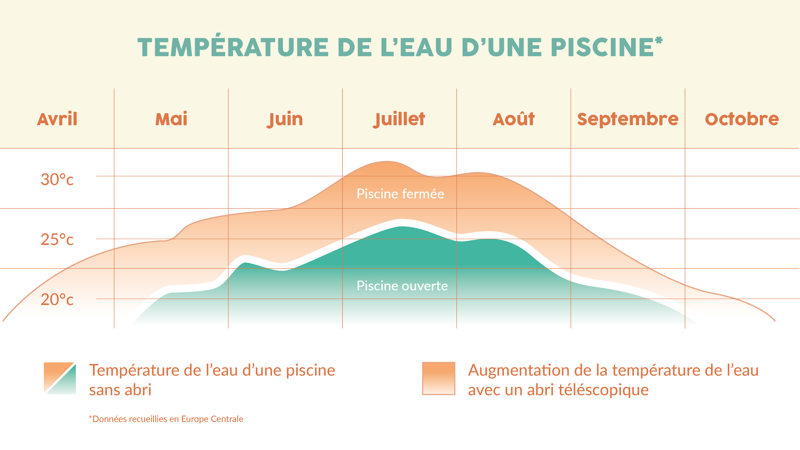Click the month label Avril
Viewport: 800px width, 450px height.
(x=57, y=119)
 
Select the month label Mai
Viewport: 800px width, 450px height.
(x=171, y=119)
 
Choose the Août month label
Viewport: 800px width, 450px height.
(x=514, y=119)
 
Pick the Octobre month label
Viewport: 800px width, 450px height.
(x=742, y=119)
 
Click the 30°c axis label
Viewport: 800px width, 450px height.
(x=57, y=180)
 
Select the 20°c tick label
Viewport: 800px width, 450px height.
(x=57, y=300)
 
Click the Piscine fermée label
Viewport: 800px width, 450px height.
(x=400, y=194)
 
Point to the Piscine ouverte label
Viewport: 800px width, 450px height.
(x=402, y=286)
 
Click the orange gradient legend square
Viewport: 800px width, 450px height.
(x=439, y=378)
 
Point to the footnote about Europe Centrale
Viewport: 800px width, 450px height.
(x=166, y=419)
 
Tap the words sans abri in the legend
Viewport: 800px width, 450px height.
(x=120, y=390)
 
